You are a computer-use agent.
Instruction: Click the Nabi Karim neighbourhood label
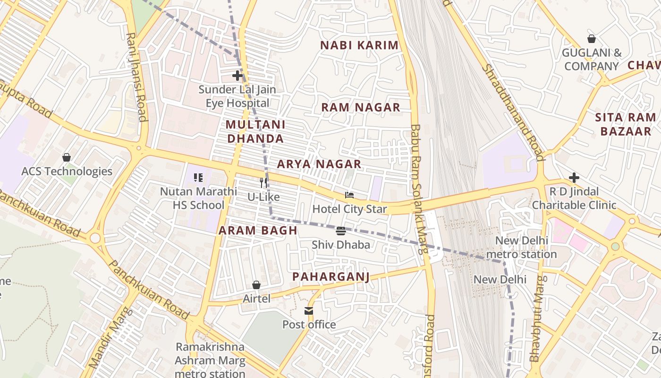click(x=359, y=45)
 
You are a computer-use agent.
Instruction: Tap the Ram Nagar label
click(x=361, y=107)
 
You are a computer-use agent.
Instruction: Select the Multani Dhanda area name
click(x=255, y=131)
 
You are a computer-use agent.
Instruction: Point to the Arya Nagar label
click(x=319, y=164)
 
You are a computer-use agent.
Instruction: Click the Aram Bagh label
click(x=258, y=231)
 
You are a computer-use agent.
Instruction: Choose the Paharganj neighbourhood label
click(x=330, y=276)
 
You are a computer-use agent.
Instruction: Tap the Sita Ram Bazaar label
click(x=625, y=124)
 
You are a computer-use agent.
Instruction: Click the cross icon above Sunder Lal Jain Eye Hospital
click(x=237, y=76)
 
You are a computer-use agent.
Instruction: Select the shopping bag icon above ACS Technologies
click(x=67, y=157)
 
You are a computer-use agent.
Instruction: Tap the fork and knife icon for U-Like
click(x=263, y=183)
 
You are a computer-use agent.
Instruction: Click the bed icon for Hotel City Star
click(x=349, y=195)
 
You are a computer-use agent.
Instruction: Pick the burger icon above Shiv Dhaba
click(x=340, y=231)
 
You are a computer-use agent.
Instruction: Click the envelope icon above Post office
click(x=309, y=311)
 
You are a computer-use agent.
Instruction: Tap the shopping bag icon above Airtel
click(x=256, y=285)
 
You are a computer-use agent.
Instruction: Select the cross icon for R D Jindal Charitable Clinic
click(x=574, y=178)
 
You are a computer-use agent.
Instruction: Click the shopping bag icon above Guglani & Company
click(x=591, y=39)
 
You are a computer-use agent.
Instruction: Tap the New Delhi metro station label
click(x=521, y=248)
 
